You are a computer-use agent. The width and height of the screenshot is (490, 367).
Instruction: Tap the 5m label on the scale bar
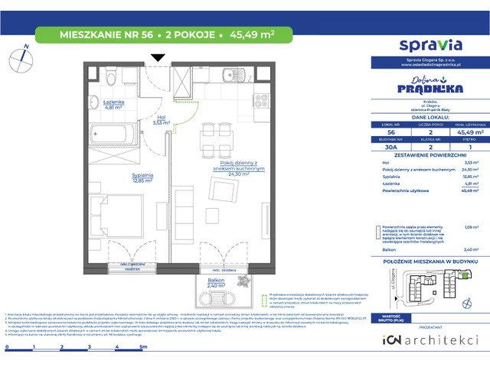tap(143, 346)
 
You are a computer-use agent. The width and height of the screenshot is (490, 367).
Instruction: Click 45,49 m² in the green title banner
tap(250, 34)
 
